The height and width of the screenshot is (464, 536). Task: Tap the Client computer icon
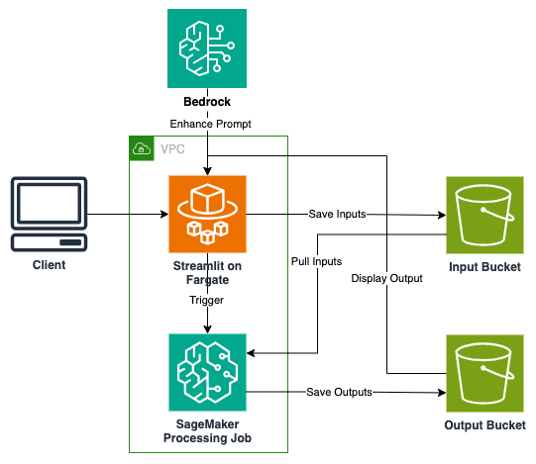click(x=49, y=215)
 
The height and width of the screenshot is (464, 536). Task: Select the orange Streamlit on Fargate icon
click(x=206, y=214)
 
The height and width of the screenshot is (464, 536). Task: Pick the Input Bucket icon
click(x=484, y=215)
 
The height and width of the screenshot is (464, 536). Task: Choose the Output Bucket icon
click(x=484, y=372)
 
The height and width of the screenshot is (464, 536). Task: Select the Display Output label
click(x=386, y=278)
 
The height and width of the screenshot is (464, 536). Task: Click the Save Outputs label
click(x=339, y=392)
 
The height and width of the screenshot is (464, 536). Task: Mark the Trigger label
click(x=206, y=299)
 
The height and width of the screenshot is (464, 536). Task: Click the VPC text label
click(x=170, y=149)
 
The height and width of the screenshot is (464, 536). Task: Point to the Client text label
click(x=49, y=266)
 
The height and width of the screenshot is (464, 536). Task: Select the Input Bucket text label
click(x=484, y=267)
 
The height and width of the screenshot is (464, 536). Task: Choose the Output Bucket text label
click(x=484, y=425)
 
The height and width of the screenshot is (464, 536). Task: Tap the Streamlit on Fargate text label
click(x=206, y=273)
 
